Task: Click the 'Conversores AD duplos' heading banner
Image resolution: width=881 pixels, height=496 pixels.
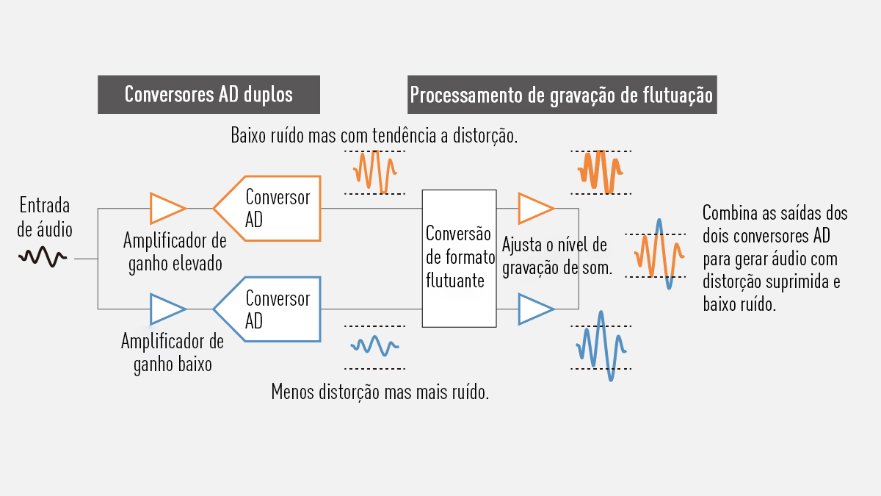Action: pyautogui.click(x=209, y=95)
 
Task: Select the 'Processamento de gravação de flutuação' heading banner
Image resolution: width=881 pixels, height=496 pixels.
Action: pyautogui.click(x=562, y=95)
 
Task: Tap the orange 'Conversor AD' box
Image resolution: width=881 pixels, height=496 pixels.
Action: pyautogui.click(x=268, y=208)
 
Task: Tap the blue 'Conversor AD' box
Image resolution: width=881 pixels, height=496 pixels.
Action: pyautogui.click(x=268, y=309)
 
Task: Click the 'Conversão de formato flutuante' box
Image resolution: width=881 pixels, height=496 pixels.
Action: pyautogui.click(x=459, y=258)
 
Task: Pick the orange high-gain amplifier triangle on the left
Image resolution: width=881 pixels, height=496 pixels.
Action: pyautogui.click(x=167, y=208)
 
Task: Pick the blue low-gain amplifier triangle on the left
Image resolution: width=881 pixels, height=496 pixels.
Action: pyautogui.click(x=167, y=309)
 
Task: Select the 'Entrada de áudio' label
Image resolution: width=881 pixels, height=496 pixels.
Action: pyautogui.click(x=45, y=217)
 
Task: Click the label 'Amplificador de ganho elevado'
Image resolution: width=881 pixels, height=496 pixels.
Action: pyautogui.click(x=175, y=252)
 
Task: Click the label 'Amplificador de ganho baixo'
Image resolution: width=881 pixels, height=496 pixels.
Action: pyautogui.click(x=173, y=353)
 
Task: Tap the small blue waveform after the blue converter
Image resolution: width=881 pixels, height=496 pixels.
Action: pyautogui.click(x=374, y=345)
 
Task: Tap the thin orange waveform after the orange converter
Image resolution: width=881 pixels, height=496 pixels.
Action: pyautogui.click(x=374, y=171)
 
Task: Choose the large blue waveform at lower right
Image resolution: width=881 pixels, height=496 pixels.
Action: pyautogui.click(x=602, y=346)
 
